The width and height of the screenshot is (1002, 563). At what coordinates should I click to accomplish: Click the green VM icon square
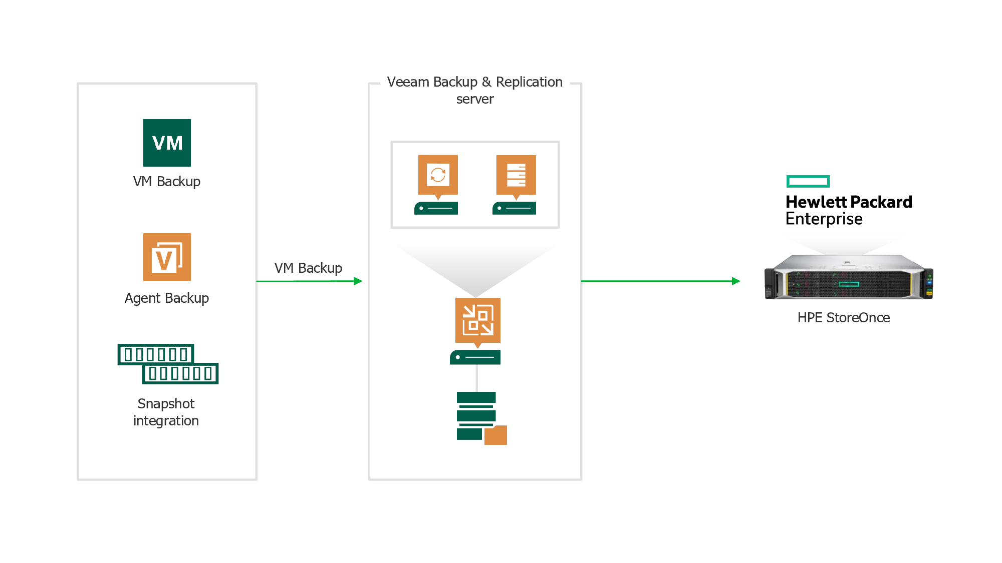tap(167, 143)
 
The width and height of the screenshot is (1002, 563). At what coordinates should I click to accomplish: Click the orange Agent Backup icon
tap(167, 257)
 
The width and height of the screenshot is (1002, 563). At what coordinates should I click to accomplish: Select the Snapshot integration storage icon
tap(168, 364)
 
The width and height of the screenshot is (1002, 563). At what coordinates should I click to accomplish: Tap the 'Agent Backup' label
tap(167, 298)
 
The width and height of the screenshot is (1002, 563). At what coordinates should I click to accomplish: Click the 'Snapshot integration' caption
tap(166, 412)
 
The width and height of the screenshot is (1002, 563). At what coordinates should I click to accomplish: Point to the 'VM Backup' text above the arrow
tap(308, 268)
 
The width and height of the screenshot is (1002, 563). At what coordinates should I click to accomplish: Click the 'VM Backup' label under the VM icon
tap(167, 182)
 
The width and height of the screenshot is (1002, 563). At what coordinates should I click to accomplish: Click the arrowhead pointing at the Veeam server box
tap(358, 281)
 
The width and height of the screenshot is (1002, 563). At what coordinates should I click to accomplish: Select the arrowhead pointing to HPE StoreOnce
tap(736, 281)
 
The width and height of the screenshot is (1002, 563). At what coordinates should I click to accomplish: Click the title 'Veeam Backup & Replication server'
tap(475, 90)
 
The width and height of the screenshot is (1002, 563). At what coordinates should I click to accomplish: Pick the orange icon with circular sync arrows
tap(438, 175)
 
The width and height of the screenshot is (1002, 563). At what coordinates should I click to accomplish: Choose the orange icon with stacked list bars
tap(516, 175)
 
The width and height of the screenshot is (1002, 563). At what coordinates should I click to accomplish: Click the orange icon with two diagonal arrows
tap(477, 320)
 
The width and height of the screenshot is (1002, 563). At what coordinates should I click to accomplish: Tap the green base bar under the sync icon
tap(436, 208)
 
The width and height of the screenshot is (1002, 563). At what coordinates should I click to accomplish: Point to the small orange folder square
tap(496, 435)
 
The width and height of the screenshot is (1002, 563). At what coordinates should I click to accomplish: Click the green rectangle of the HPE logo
tap(808, 181)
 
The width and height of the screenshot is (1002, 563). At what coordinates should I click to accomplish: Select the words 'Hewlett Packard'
tap(849, 202)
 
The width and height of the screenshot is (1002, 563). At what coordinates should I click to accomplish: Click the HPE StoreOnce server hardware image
tap(849, 277)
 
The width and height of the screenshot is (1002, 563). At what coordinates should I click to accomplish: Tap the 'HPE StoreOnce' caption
tap(844, 318)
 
